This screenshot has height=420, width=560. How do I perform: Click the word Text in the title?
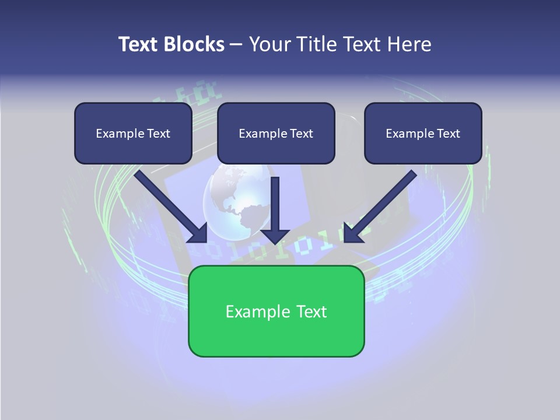coord(138,44)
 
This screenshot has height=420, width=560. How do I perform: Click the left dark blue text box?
coord(133,134)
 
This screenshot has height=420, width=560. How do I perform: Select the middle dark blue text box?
coord(276,134)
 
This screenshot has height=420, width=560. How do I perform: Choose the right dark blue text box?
coord(423,134)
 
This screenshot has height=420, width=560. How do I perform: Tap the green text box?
coord(276,311)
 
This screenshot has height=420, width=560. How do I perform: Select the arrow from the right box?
coord(382,204)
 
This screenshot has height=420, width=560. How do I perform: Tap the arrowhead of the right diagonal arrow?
coord(352,233)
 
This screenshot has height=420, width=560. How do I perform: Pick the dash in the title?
coord(236,44)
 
